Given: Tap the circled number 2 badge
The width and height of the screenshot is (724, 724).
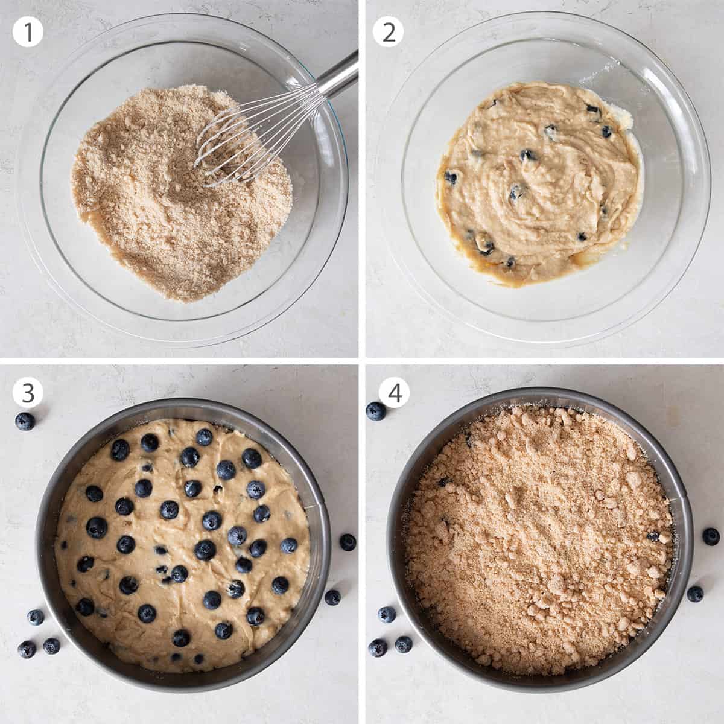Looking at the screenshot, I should (x=389, y=32).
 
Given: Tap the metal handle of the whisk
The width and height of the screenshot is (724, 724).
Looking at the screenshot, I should (x=335, y=75).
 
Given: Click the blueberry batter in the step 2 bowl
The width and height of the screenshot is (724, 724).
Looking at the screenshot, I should (x=537, y=187).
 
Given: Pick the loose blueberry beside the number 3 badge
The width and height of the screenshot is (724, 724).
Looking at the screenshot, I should (x=25, y=421).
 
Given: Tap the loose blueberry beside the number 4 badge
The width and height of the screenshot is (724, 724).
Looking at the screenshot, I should (x=376, y=411).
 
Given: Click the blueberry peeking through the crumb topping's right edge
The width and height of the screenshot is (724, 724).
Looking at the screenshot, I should (x=653, y=536).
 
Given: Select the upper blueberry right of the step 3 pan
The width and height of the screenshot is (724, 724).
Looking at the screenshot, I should (x=348, y=542).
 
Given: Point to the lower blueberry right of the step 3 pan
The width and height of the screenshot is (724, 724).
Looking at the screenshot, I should (x=332, y=597).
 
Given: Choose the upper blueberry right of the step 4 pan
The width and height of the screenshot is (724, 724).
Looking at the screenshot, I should (x=711, y=536).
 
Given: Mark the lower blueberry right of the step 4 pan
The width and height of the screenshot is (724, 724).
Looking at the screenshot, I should (x=695, y=594).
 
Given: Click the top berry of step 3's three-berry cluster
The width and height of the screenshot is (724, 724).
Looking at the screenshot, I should (x=35, y=617).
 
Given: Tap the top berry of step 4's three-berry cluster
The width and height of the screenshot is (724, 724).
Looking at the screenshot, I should (x=387, y=615).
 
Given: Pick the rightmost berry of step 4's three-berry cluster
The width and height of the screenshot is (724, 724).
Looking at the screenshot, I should (x=404, y=644).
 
